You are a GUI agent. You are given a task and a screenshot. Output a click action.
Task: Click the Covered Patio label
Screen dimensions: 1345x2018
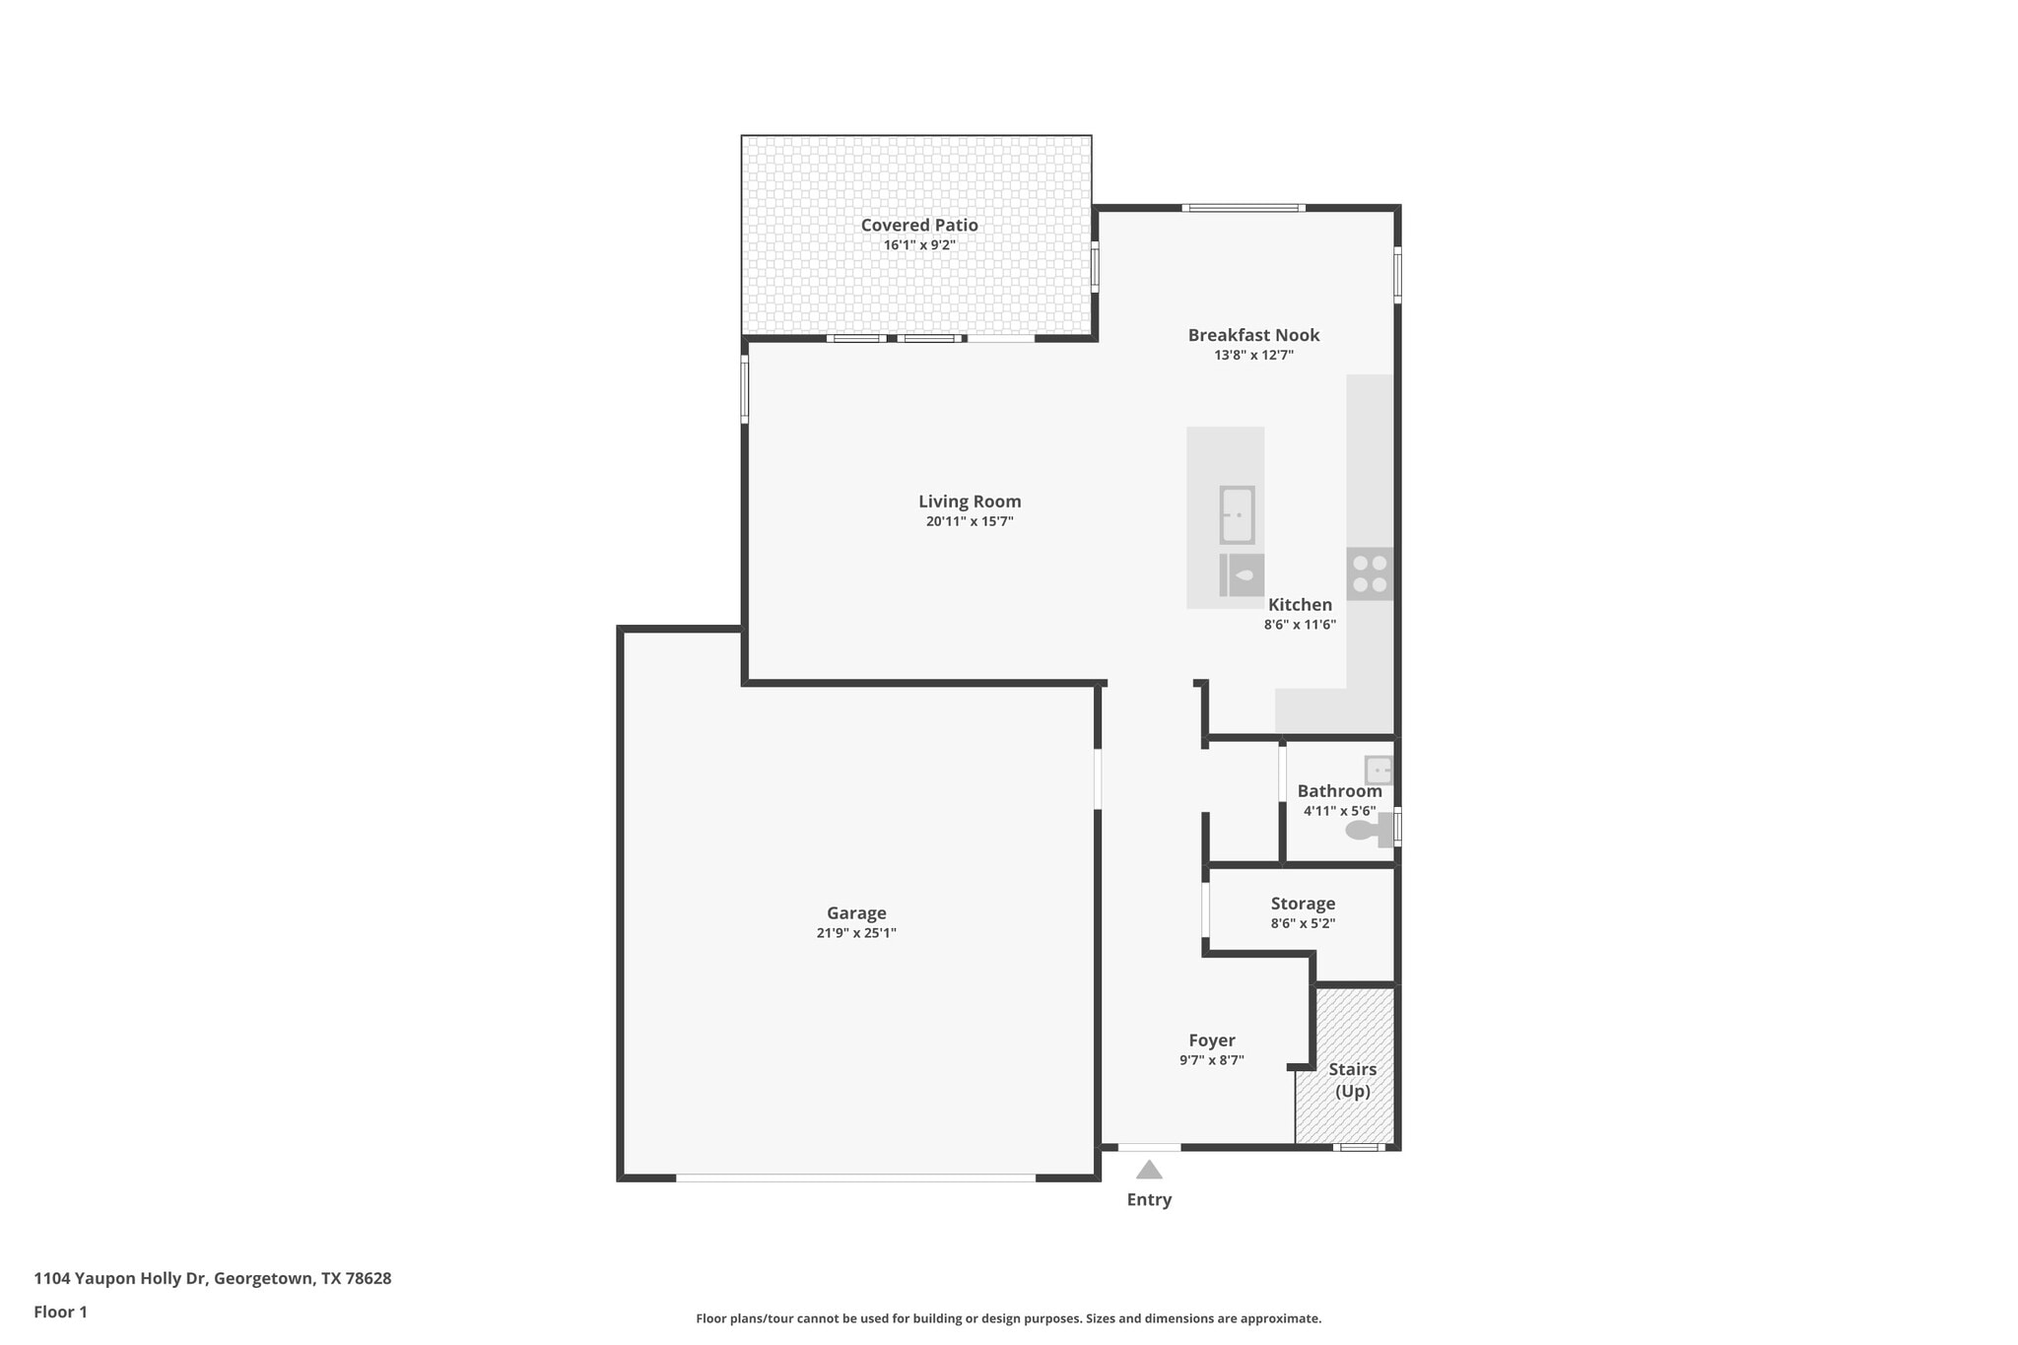click(x=918, y=226)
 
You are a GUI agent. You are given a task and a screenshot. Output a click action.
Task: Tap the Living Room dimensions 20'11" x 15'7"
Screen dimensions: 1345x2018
click(x=969, y=522)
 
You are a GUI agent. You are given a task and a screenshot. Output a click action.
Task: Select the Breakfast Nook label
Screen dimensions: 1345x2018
click(x=1252, y=335)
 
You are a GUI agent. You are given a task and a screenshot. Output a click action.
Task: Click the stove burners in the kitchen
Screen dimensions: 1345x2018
click(x=1369, y=573)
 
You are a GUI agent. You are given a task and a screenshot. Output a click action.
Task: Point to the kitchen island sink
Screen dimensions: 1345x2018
click(x=1237, y=514)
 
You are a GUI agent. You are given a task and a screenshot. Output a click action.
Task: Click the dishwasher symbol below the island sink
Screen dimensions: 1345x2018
click(x=1242, y=574)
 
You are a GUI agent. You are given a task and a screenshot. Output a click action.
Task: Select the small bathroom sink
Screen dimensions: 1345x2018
click(x=1378, y=770)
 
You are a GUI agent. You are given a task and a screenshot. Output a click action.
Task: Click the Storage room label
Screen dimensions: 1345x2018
click(x=1302, y=904)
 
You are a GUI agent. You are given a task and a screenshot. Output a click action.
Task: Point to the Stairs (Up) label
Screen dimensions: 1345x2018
click(x=1352, y=1080)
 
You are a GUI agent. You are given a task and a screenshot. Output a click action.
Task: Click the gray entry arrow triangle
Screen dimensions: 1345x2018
click(x=1149, y=1171)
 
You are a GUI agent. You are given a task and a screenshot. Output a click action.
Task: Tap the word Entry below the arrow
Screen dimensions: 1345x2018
click(x=1149, y=1200)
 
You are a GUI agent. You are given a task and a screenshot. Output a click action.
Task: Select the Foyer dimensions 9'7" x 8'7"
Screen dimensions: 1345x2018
click(x=1211, y=1061)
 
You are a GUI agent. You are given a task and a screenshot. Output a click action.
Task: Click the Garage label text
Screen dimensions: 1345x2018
click(x=855, y=913)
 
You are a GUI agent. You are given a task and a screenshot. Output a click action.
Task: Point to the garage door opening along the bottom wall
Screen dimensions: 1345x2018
click(x=855, y=1177)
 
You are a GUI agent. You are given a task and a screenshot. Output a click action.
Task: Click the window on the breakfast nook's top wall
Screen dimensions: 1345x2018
click(x=1243, y=208)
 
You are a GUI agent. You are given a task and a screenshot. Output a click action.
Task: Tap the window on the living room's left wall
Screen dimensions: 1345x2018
click(x=744, y=389)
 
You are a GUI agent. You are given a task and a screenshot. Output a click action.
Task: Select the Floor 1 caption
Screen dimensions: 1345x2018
click(x=60, y=1312)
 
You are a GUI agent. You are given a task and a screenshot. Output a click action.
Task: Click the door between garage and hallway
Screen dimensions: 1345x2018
click(x=1098, y=779)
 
